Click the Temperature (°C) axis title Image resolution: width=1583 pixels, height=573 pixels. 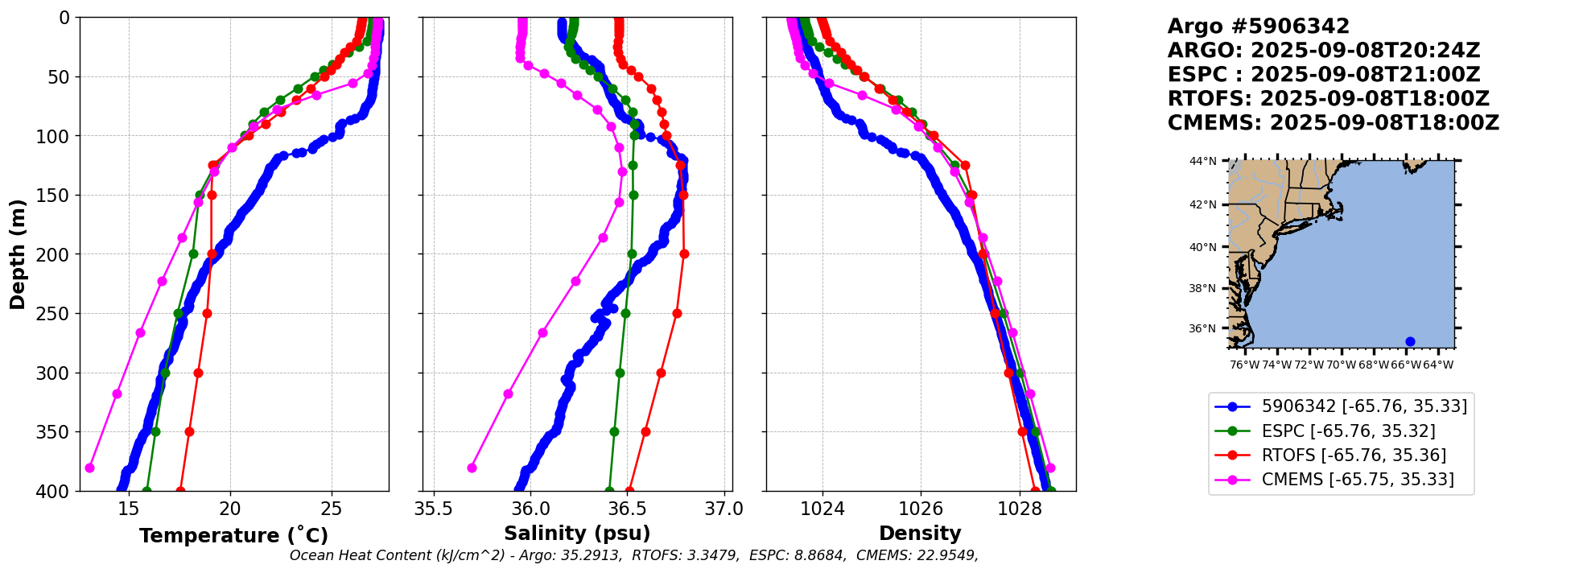(x=233, y=535)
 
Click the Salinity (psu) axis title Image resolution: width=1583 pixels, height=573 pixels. (x=577, y=533)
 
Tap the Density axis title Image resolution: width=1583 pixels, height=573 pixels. (x=920, y=533)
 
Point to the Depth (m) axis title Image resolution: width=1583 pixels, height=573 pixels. (x=18, y=254)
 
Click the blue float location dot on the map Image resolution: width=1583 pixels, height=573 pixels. (x=1410, y=341)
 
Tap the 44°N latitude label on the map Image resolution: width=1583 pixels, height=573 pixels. (x=1203, y=161)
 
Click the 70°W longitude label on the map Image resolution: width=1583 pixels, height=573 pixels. (x=1342, y=365)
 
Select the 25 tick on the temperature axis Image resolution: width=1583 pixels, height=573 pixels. (x=332, y=509)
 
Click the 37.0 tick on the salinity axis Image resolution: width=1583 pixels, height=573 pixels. (x=724, y=509)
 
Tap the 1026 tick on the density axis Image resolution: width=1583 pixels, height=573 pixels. (x=921, y=509)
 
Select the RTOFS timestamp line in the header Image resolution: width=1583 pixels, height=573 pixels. (x=1328, y=99)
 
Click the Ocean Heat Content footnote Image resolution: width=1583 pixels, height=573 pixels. (x=633, y=555)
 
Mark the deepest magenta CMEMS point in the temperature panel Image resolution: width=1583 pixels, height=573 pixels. (x=89, y=468)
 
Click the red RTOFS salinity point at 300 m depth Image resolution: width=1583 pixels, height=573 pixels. (x=661, y=373)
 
